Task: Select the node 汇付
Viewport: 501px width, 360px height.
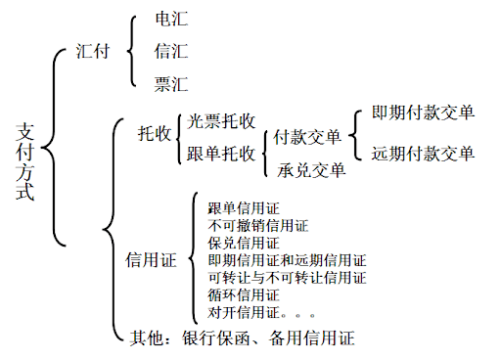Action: pyautogui.click(x=93, y=50)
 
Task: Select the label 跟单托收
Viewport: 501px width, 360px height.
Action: pyautogui.click(x=221, y=154)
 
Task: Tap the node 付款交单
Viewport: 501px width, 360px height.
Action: pyautogui.click(x=307, y=137)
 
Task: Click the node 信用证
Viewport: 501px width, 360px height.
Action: pyautogui.click(x=151, y=260)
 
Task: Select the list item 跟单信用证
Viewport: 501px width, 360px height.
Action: pyautogui.click(x=244, y=207)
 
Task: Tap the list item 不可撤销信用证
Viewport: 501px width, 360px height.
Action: pyautogui.click(x=257, y=225)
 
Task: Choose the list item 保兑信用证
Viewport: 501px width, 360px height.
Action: pyautogui.click(x=244, y=243)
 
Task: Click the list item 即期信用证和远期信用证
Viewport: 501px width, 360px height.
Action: pyautogui.click(x=287, y=260)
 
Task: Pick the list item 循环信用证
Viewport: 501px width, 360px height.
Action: pyautogui.click(x=244, y=295)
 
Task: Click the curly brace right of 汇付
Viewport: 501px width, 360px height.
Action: pyautogui.click(x=133, y=50)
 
